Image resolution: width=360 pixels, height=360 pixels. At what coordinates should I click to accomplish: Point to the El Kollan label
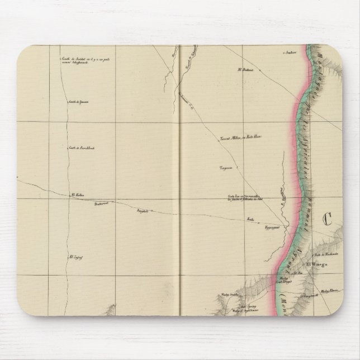76,195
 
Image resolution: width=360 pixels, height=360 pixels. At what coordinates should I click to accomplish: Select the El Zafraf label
75,257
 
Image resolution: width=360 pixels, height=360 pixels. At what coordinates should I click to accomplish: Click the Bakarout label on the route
100,203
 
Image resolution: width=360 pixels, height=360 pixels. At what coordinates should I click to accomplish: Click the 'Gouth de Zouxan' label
79,102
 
